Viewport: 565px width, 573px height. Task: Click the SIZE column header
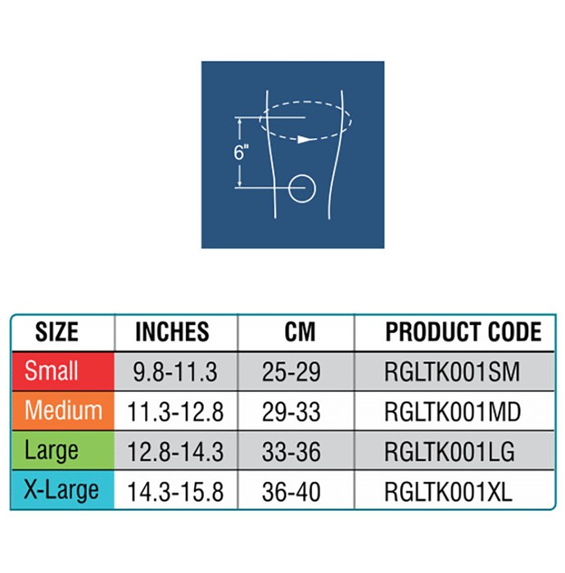point(56,332)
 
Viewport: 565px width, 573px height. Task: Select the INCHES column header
point(172,332)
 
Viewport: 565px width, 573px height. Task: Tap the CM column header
point(300,332)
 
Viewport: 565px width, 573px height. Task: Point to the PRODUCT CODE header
point(463,332)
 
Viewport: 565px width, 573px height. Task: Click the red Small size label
point(51,371)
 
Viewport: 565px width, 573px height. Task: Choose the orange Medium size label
point(63,410)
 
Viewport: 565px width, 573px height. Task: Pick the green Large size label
point(51,450)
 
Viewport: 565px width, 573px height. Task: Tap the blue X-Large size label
point(61,490)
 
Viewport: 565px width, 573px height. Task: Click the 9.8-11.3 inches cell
point(175,372)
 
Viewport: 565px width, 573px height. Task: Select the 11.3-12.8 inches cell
point(175,412)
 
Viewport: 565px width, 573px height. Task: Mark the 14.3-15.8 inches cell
point(175,491)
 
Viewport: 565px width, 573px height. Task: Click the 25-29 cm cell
point(292,372)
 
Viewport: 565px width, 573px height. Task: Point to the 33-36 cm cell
point(292,452)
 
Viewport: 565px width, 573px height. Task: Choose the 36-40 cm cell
point(292,491)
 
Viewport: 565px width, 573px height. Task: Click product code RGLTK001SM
point(452,372)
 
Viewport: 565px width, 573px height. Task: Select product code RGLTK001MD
point(453,412)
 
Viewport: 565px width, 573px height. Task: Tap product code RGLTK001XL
point(448,491)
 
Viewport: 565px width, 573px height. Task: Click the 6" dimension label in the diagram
point(241,152)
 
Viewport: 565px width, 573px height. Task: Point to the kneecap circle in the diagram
point(302,175)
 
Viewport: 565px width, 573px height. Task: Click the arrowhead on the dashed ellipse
point(304,139)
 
